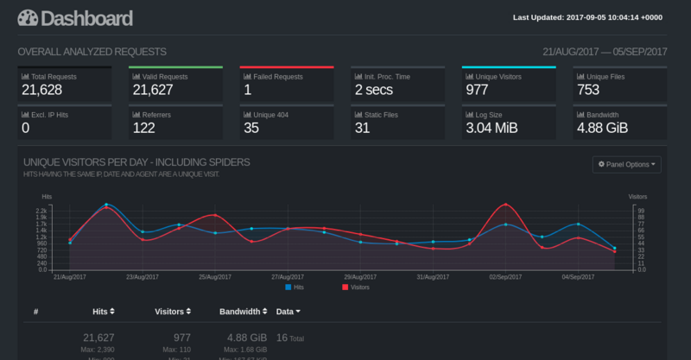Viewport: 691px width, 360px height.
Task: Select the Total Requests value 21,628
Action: point(42,89)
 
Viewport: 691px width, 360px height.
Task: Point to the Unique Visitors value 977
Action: point(477,89)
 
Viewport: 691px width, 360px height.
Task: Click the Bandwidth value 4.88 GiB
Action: point(602,128)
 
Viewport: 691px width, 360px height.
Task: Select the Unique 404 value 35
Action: point(251,128)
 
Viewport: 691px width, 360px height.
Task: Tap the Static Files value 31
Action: point(362,128)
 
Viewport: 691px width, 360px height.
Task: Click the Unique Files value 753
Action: point(587,89)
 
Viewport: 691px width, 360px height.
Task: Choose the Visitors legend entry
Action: point(356,287)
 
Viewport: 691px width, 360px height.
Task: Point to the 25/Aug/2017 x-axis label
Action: point(214,277)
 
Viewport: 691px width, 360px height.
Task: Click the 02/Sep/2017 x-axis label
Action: point(504,277)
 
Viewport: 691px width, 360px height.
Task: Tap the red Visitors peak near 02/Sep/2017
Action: point(505,205)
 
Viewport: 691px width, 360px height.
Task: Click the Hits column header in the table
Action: point(104,311)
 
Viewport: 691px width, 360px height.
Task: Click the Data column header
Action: point(288,311)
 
